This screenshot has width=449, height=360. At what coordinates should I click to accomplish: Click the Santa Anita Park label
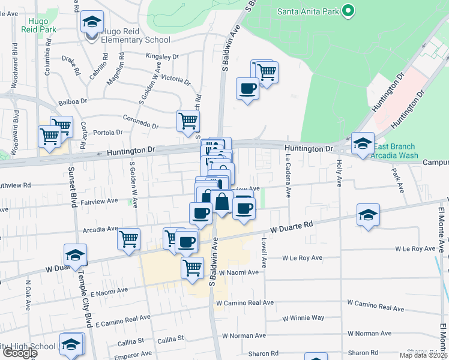(x=307, y=11)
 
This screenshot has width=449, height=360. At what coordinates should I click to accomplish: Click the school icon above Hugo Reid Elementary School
(x=92, y=23)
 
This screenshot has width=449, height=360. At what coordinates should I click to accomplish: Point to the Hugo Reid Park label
(x=39, y=23)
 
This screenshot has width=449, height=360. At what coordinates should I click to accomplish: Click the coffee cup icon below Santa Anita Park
(x=247, y=89)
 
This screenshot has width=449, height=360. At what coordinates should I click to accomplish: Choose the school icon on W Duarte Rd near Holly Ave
(x=368, y=216)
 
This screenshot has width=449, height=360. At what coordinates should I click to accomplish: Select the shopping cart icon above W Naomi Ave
(x=192, y=267)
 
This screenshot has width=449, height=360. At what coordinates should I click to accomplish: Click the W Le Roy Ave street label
(x=414, y=248)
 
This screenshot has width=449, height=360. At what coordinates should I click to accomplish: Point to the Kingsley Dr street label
(x=162, y=57)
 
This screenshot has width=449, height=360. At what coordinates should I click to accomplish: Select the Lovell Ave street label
(x=264, y=252)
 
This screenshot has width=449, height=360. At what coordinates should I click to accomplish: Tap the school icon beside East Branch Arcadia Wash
(x=363, y=143)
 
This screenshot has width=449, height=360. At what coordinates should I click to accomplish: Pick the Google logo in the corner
(x=19, y=353)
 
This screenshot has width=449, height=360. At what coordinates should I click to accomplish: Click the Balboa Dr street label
(x=71, y=101)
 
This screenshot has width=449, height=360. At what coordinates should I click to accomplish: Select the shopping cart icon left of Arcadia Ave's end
(x=128, y=239)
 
